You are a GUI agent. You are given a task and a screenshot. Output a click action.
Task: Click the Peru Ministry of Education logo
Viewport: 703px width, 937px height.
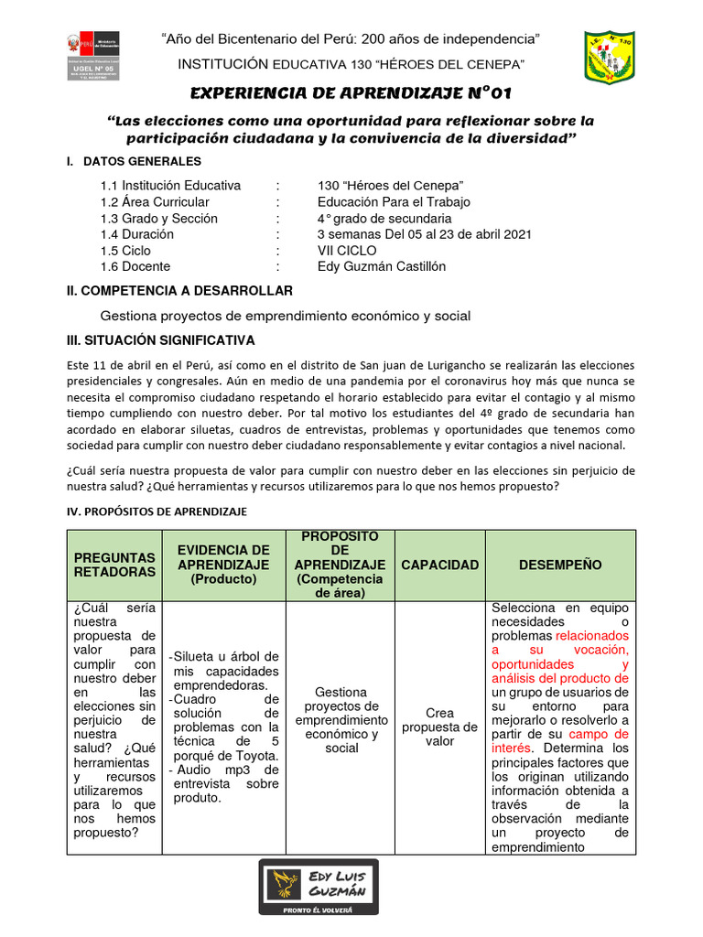tap(90, 57)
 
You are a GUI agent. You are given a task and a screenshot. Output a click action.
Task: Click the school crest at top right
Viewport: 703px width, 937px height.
tap(610, 57)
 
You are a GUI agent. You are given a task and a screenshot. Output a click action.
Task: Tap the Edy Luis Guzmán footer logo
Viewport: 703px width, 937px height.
tap(318, 886)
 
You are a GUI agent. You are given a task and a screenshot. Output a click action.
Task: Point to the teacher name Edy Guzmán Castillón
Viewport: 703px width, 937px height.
tap(382, 266)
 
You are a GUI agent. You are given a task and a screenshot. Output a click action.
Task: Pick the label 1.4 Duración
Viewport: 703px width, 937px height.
tap(136, 234)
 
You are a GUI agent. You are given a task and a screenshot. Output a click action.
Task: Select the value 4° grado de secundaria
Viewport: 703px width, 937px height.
tap(384, 218)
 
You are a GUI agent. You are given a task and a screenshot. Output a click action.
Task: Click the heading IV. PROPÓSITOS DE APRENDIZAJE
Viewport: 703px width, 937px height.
tap(157, 512)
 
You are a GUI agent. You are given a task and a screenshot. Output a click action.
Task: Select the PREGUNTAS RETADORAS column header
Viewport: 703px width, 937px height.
tap(114, 565)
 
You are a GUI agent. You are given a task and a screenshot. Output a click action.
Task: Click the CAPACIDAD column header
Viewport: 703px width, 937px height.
tap(439, 565)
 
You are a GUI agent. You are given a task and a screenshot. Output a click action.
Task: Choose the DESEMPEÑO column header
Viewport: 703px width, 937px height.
tap(560, 565)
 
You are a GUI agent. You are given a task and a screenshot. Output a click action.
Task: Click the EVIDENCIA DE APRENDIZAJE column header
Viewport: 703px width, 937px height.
tap(223, 565)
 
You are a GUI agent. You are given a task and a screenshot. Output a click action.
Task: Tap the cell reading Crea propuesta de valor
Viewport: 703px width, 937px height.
tap(439, 727)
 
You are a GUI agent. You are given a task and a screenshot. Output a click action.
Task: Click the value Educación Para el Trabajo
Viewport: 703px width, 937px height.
tap(394, 202)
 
